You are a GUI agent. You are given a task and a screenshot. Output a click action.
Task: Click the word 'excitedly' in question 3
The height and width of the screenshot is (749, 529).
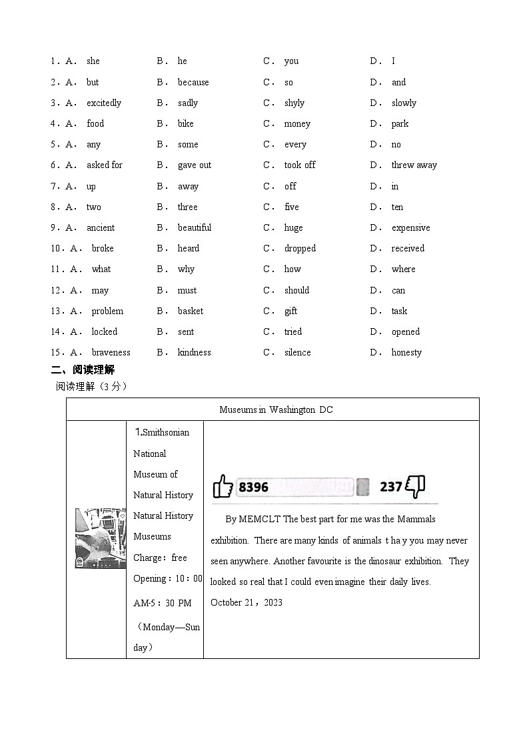pos(104,103)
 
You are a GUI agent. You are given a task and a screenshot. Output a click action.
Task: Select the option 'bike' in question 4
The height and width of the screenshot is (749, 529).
pos(185,123)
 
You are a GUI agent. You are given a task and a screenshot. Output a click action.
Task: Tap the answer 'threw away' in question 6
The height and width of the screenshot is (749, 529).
pos(414,165)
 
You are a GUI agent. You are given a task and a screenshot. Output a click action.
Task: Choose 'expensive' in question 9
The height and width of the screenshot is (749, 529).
pos(410,227)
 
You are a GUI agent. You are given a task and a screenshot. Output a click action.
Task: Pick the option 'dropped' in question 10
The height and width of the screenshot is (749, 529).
pos(300,248)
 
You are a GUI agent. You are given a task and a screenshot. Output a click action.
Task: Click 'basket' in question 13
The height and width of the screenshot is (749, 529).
pos(191,311)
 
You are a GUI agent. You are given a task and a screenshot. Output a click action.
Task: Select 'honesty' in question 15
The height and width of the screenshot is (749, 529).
pos(406,352)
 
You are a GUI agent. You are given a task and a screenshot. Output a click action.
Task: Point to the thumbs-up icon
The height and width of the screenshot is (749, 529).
pos(223,486)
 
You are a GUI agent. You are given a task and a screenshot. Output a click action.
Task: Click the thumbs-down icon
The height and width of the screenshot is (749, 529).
pos(415,486)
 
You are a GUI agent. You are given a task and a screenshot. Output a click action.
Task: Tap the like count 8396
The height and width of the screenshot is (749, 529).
pos(253,487)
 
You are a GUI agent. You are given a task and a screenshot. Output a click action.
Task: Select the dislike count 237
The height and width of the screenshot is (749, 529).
pos(390,487)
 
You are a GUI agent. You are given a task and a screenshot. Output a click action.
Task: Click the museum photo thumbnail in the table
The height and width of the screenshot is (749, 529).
pos(100,538)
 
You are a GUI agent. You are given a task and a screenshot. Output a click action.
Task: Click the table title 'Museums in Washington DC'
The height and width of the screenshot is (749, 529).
pos(276,410)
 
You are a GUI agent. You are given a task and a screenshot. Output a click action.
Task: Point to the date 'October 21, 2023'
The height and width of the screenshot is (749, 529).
pos(247,602)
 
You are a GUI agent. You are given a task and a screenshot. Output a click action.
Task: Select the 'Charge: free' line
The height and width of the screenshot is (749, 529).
pos(160,558)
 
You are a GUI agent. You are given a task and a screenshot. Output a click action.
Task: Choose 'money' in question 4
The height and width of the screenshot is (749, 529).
pos(297,123)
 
